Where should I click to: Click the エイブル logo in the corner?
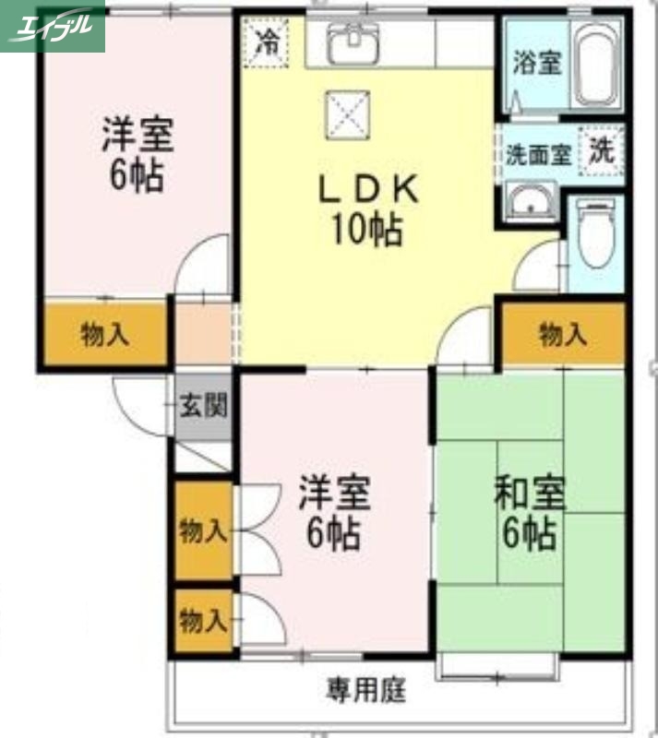tap(53, 26)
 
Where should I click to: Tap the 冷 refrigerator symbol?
tap(267, 42)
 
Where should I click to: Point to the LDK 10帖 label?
tap(367, 209)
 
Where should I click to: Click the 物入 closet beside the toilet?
tap(563, 334)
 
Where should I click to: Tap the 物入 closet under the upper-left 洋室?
tap(104, 334)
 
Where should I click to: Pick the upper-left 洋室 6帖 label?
tap(134, 155)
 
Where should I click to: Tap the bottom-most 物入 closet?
tap(202, 621)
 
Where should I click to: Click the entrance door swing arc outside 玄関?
tap(134, 406)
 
